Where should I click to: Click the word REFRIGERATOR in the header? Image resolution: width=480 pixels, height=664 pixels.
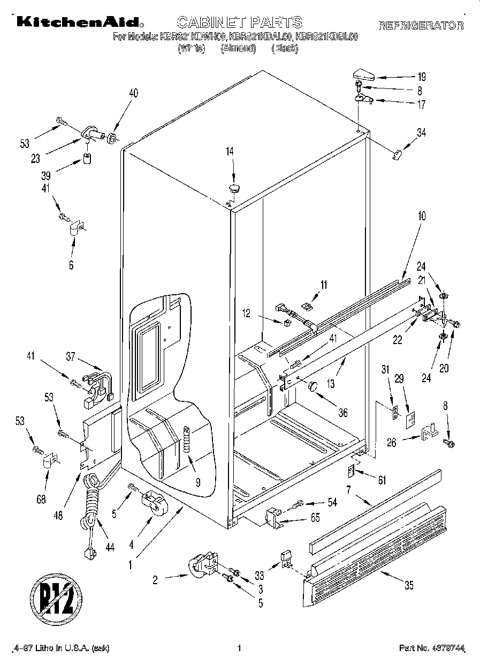[421, 25]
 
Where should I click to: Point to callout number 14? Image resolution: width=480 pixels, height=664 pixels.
[230, 152]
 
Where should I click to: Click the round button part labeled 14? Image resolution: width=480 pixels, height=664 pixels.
[234, 188]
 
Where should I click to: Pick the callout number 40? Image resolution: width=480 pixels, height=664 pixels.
[133, 93]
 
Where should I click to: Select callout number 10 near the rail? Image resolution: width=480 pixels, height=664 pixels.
[421, 216]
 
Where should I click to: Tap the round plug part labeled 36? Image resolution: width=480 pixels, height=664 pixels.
[313, 385]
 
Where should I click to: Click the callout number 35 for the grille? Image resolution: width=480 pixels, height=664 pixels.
[409, 586]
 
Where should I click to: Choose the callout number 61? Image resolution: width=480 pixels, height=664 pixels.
[382, 481]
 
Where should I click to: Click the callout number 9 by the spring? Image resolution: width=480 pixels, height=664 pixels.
[197, 482]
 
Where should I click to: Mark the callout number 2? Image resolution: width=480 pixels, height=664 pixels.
[155, 579]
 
